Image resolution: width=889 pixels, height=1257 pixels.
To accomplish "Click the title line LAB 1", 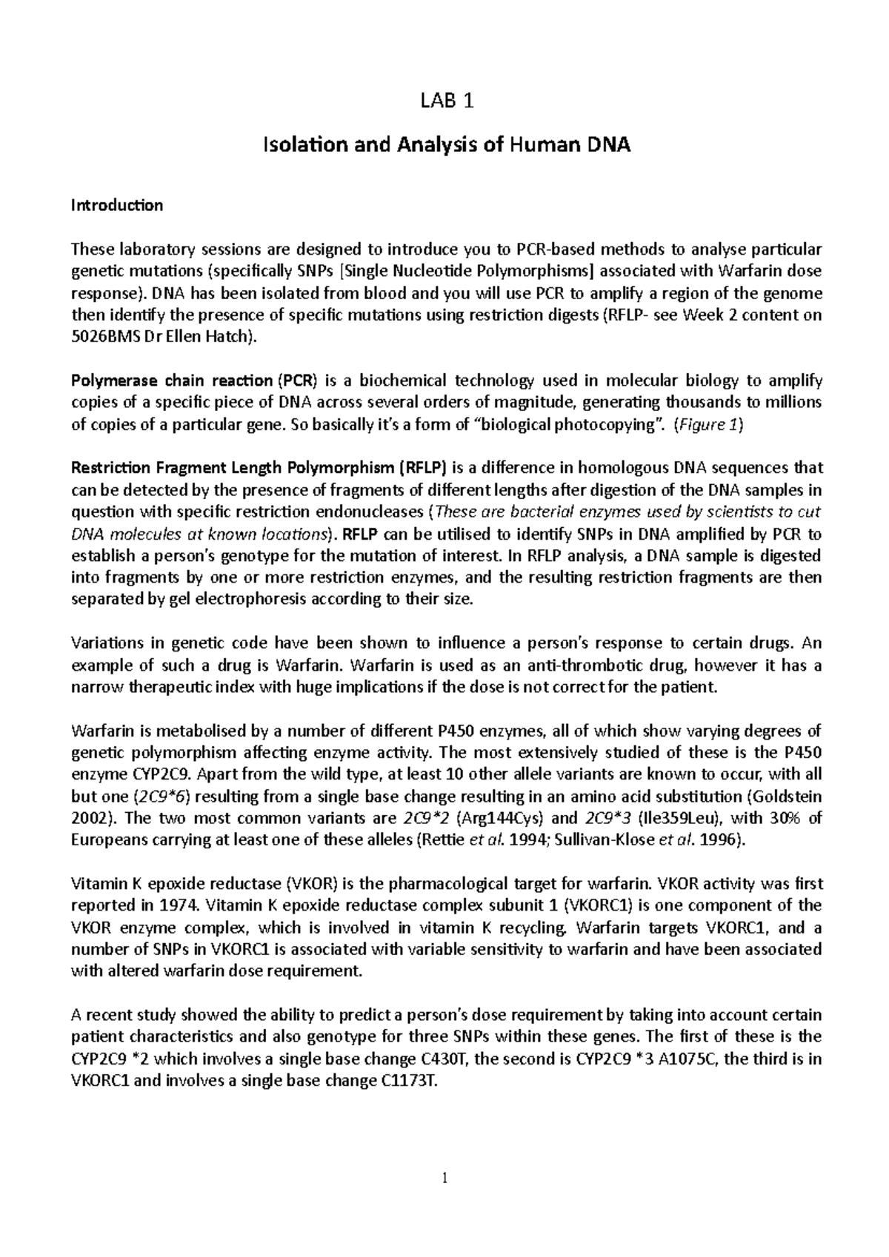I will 445,102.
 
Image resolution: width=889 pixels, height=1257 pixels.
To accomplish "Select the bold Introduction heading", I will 116,205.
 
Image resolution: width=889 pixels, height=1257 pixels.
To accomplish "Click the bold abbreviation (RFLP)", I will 422,469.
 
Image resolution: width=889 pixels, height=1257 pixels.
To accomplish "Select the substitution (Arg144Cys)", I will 501,818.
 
